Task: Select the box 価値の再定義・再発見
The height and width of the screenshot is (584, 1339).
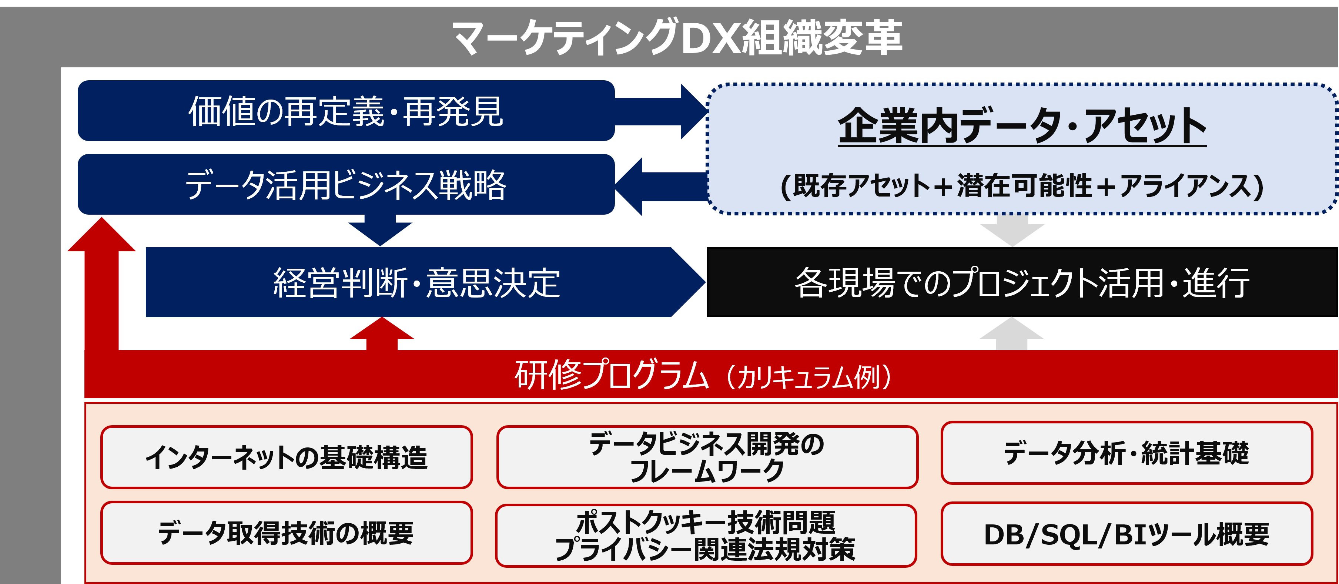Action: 346,111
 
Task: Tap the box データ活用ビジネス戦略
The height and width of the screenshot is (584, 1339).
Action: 346,184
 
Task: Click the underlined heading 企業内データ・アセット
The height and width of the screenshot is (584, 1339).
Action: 1021,126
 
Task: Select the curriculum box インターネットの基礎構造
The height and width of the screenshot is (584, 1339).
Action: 287,457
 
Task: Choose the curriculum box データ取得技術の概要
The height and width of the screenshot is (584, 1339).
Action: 287,533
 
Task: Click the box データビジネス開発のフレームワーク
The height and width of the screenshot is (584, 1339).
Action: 707,457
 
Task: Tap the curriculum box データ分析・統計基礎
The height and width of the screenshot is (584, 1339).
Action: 1127,453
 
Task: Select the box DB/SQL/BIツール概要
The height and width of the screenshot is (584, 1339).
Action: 1127,534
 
